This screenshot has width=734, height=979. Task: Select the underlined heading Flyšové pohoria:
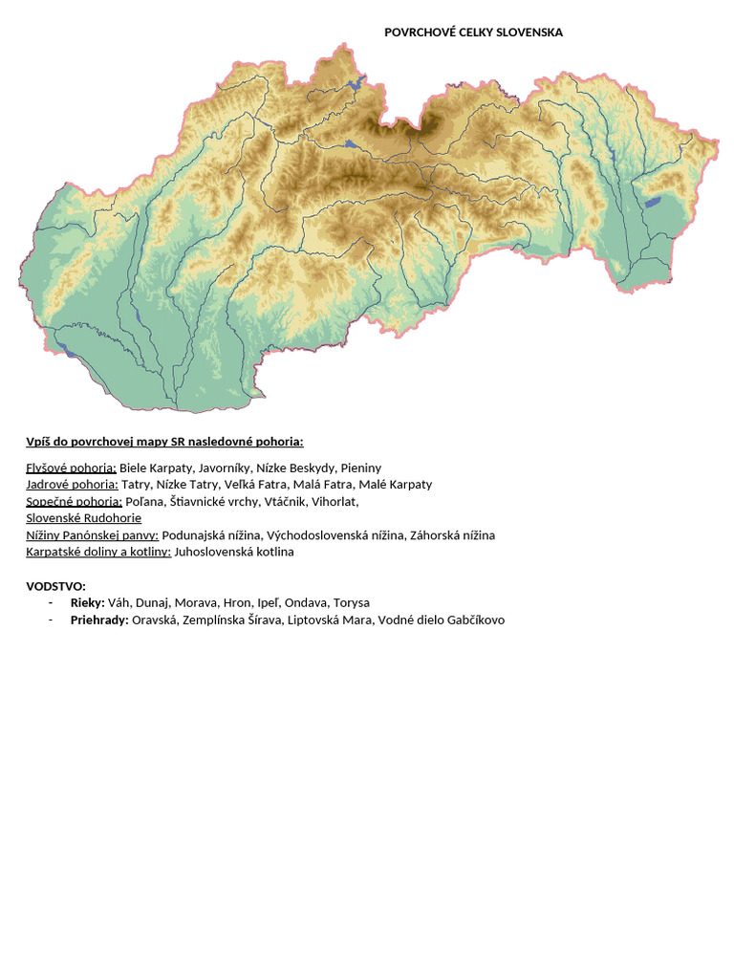(71, 468)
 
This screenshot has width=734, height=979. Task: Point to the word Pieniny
(360, 468)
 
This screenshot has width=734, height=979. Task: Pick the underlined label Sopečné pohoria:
(74, 501)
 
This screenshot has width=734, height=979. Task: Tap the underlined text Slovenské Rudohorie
(83, 518)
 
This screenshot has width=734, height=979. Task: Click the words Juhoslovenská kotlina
(234, 552)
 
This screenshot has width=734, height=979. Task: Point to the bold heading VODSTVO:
(55, 586)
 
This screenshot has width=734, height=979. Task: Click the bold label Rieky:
(87, 603)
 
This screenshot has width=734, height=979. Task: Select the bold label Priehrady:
(99, 620)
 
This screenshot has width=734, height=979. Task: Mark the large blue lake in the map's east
(655, 202)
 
